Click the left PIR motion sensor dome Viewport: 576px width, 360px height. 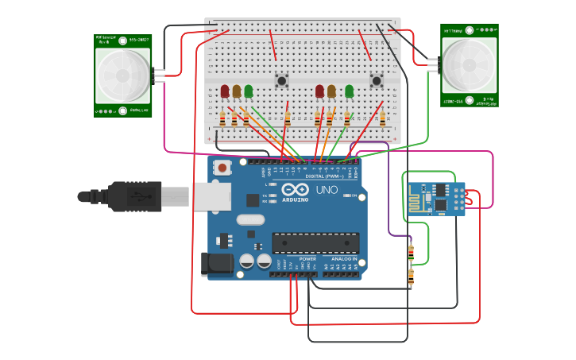pos(122,76)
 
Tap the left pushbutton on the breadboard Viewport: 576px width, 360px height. pos(281,79)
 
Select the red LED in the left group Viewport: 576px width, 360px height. pos(225,91)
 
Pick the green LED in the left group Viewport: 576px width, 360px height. pos(249,91)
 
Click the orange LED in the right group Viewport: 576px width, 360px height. pos(331,91)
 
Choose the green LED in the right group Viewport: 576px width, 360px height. pos(349,91)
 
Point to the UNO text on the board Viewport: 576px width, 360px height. pos(327,191)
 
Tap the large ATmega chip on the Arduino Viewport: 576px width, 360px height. pos(315,243)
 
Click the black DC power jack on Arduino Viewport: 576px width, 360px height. pos(217,264)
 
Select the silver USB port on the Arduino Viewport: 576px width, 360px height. pos(211,197)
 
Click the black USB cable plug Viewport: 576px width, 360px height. pos(135,196)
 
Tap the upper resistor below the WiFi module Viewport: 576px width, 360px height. pos(411,253)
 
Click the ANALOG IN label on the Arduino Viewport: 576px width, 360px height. pos(344,259)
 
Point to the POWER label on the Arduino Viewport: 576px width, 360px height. pos(307,259)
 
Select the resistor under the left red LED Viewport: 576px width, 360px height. pos(222,119)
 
